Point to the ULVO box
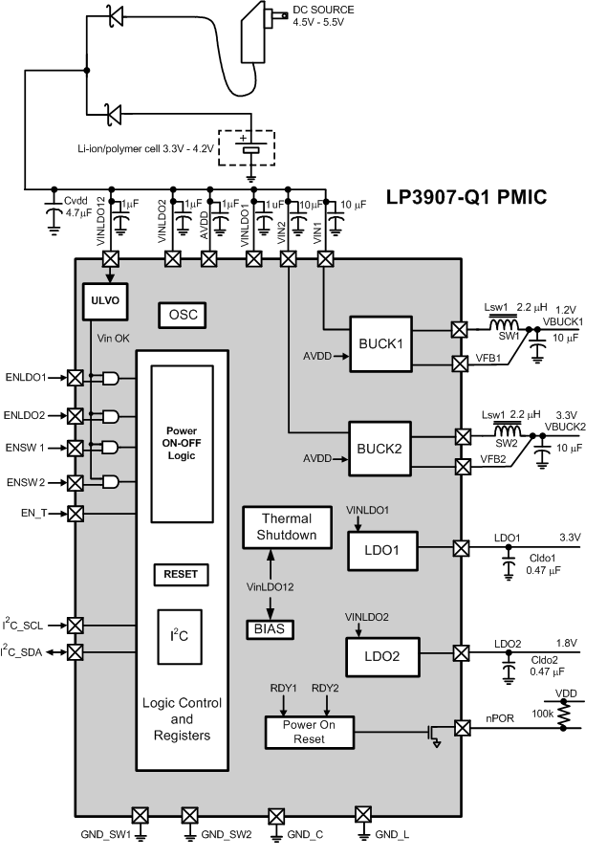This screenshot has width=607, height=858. (x=104, y=299)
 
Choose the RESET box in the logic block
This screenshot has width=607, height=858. (x=181, y=575)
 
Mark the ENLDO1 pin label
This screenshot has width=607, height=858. (x=26, y=378)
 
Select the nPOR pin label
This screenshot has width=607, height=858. (x=504, y=717)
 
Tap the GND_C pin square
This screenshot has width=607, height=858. (x=277, y=816)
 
